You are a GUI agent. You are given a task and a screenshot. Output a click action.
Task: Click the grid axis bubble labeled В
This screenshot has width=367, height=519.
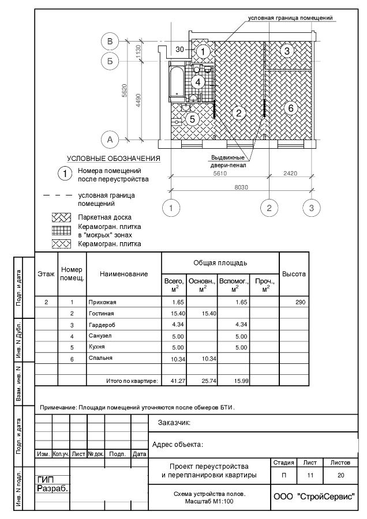point(110,42)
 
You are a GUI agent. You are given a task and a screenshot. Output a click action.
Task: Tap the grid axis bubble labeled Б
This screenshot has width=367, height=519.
point(110,61)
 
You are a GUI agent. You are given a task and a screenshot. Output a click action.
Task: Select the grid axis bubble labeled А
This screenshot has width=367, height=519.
point(110,140)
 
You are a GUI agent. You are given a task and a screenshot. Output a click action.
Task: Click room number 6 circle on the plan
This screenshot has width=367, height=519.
point(290,108)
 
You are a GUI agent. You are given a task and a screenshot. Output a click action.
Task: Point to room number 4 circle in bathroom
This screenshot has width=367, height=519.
point(198,82)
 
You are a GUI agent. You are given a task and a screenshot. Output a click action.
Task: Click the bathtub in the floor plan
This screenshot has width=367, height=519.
point(177,82)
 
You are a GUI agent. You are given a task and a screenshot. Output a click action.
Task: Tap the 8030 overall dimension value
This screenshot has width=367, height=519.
point(241,187)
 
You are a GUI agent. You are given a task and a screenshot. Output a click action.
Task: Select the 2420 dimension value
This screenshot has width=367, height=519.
point(290,173)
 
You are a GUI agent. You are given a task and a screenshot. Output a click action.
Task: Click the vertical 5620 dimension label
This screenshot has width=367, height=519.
point(124,91)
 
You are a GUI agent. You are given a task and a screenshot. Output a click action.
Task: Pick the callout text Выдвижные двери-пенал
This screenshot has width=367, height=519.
point(228,161)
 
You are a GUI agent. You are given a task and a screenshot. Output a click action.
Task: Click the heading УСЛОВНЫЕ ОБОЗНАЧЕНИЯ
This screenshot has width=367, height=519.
point(114,159)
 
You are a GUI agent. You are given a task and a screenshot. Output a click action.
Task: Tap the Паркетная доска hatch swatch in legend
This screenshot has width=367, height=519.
point(61,217)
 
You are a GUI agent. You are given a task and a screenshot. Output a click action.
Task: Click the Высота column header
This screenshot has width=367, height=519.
point(294,274)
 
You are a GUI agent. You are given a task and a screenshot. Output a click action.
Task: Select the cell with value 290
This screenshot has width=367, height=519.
point(301,302)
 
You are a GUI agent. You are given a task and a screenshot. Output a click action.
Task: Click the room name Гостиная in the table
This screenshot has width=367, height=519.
point(102,314)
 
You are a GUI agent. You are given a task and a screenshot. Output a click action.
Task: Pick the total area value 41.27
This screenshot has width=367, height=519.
point(178,381)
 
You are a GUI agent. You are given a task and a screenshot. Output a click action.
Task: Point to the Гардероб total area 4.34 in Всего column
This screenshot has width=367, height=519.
point(178,324)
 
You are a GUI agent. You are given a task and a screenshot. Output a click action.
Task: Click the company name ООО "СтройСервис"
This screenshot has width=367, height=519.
point(314,497)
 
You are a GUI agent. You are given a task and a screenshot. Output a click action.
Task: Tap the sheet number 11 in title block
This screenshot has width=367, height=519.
point(310,475)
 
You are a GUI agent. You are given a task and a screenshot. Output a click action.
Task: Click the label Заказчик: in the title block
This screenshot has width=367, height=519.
point(174,423)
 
